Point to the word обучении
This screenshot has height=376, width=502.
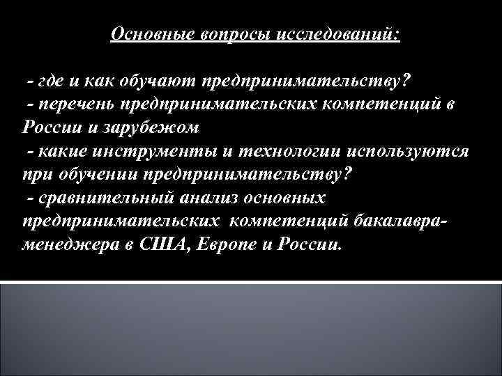pyautogui.click(x=91, y=174)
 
